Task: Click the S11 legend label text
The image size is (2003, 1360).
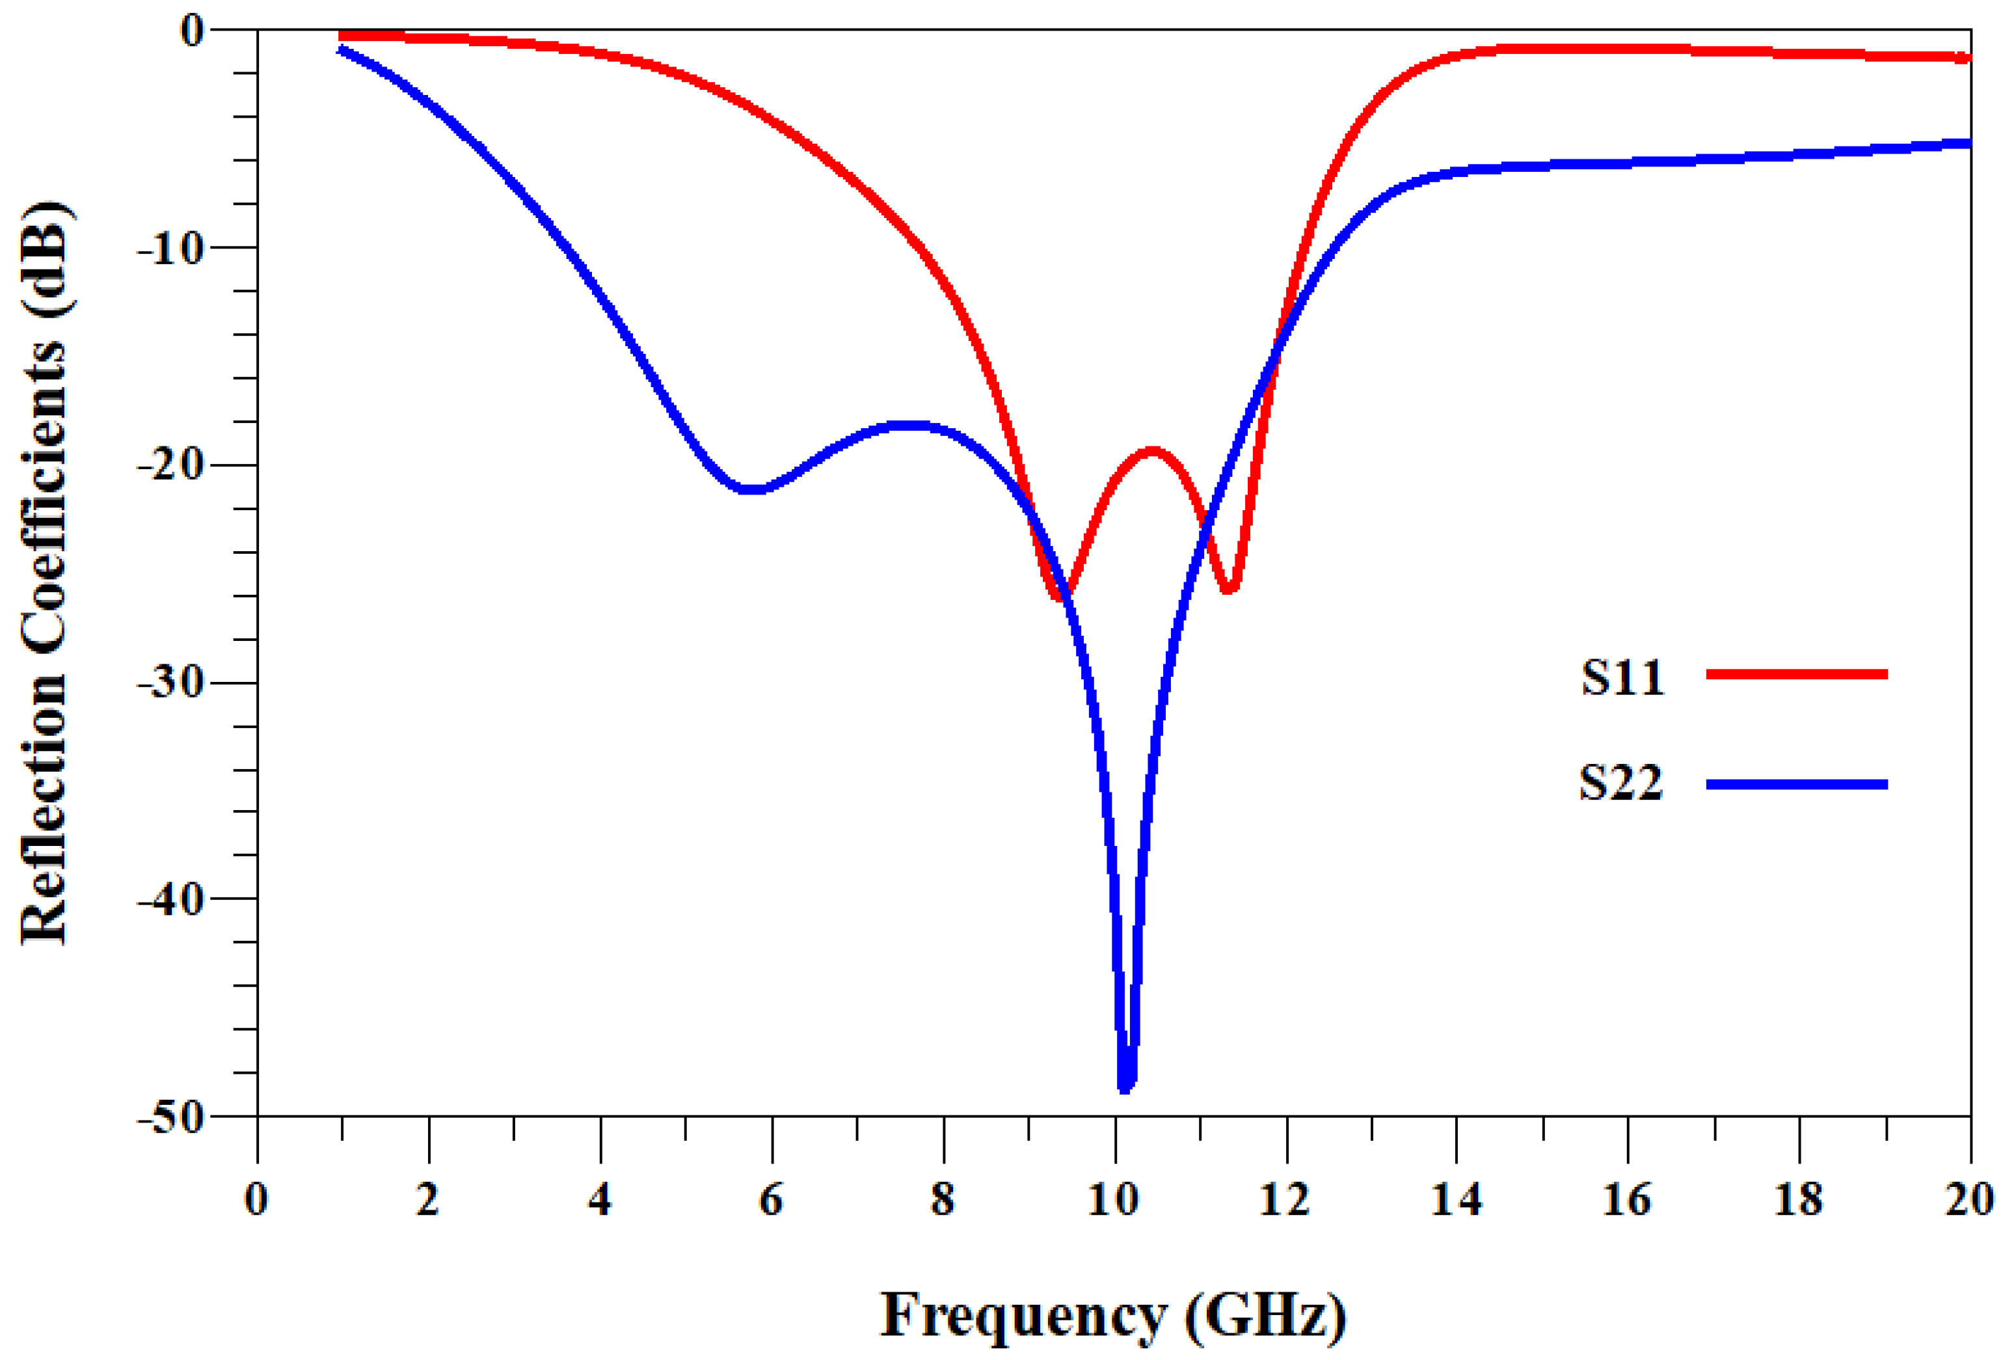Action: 1622,677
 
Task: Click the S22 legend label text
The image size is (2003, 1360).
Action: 1620,783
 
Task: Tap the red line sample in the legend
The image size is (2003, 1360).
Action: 1796,674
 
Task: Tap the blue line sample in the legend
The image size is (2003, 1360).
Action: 1796,784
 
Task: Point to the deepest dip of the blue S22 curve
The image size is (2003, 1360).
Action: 1125,1087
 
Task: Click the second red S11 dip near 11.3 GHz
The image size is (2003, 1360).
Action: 1228,589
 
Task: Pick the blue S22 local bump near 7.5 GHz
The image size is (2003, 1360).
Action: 909,425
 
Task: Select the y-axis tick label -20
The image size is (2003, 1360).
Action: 170,465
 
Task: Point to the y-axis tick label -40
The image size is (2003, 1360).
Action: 170,899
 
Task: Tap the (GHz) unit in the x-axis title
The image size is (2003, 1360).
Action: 1265,1315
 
